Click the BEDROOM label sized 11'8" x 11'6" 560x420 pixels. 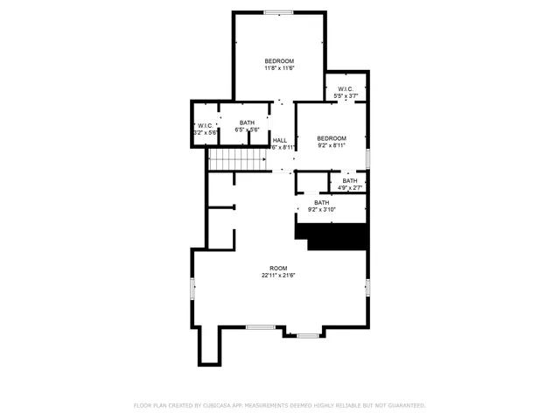pyautogui.click(x=278, y=60)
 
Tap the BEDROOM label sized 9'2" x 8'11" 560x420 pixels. pyautogui.click(x=332, y=138)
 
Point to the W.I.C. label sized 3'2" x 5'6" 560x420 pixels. pyautogui.click(x=205, y=125)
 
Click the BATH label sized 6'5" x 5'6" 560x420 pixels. pyautogui.click(x=247, y=123)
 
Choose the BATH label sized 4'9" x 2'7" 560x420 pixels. pyautogui.click(x=350, y=181)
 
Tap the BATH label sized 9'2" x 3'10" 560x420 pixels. pyautogui.click(x=322, y=202)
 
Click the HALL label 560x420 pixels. pyautogui.click(x=280, y=140)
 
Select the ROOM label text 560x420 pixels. pyautogui.click(x=278, y=268)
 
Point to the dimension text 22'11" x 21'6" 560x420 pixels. pyautogui.click(x=278, y=276)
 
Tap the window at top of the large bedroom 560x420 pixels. pyautogui.click(x=278, y=12)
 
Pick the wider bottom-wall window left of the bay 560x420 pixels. pyautogui.click(x=260, y=327)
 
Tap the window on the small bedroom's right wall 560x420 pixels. pyautogui.click(x=367, y=157)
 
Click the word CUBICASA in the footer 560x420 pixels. pyautogui.click(x=222, y=405)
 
